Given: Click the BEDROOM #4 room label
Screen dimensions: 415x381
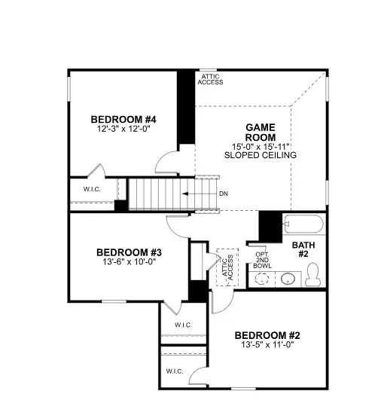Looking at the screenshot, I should pyautogui.click(x=123, y=119).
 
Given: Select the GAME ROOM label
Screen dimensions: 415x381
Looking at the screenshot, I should pyautogui.click(x=260, y=133).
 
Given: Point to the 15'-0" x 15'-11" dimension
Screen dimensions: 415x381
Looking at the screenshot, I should pyautogui.click(x=261, y=145).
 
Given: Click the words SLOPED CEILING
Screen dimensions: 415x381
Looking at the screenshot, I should pyautogui.click(x=261, y=155).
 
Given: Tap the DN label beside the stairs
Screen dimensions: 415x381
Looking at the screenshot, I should pyautogui.click(x=224, y=194).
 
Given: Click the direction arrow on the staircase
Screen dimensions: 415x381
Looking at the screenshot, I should pyautogui.click(x=197, y=194).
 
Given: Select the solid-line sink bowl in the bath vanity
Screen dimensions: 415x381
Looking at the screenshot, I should pyautogui.click(x=288, y=278).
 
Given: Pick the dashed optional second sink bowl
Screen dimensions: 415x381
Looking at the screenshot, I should pyautogui.click(x=261, y=278).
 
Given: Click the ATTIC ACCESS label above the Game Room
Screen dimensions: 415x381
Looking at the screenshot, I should pyautogui.click(x=212, y=79).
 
